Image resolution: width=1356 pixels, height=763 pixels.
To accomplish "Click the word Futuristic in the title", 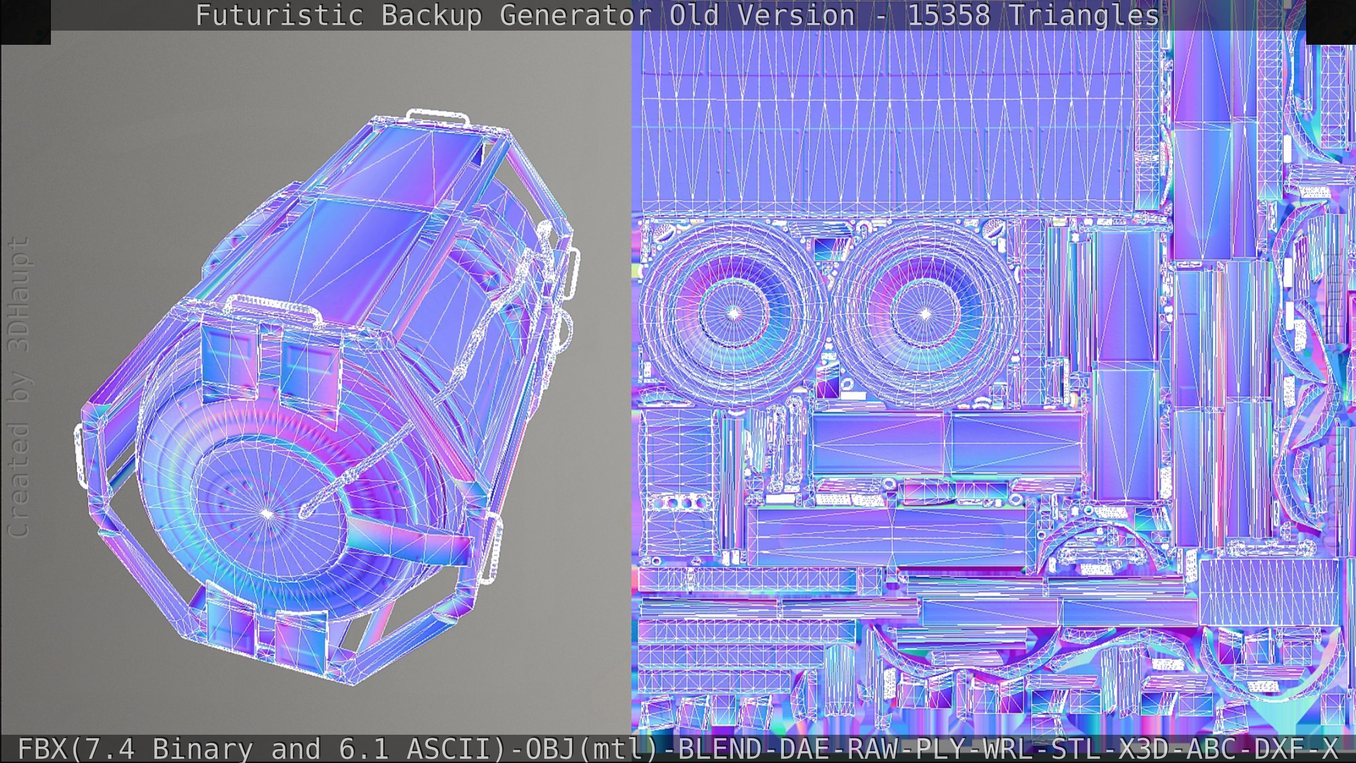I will [x=279, y=15].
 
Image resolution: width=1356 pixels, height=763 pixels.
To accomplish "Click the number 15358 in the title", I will [x=949, y=15].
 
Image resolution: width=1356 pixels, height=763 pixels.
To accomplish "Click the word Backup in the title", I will [x=431, y=15].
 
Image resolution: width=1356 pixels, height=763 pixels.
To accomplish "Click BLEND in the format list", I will [x=719, y=748].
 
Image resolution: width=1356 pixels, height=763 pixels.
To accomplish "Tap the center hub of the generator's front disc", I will [x=267, y=513].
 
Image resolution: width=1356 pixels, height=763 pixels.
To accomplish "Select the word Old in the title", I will [x=694, y=15].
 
